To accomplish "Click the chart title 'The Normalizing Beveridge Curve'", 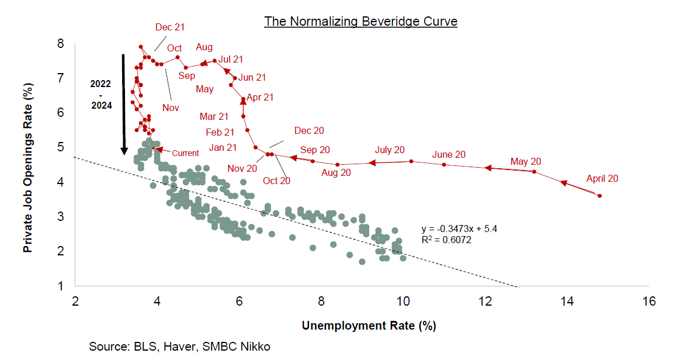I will click(x=360, y=22).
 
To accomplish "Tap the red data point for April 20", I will click(x=600, y=196).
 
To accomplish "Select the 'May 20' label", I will click(x=526, y=161).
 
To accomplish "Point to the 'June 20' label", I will click(x=449, y=154).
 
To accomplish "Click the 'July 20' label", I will click(x=390, y=150).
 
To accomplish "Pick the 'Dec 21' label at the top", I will click(x=170, y=27).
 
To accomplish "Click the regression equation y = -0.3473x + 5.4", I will click(x=459, y=229).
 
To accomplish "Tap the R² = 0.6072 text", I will click(x=446, y=240).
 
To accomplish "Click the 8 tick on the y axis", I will click(x=60, y=43).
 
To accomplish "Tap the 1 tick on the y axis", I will click(x=60, y=286).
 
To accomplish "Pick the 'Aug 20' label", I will click(x=336, y=172).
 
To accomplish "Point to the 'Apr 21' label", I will click(x=260, y=98).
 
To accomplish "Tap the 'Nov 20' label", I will click(x=242, y=168).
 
